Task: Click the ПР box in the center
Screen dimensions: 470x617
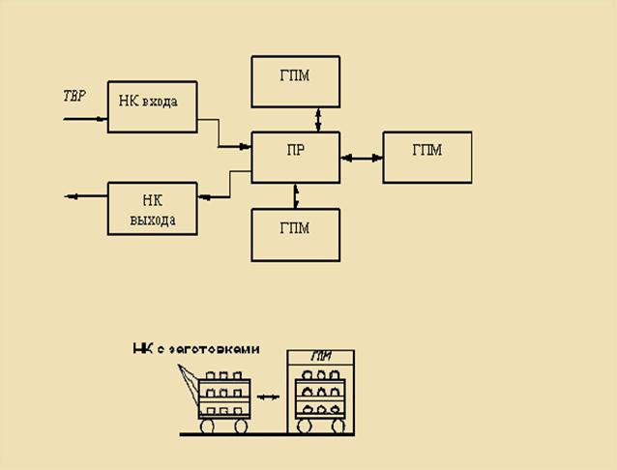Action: point(296,157)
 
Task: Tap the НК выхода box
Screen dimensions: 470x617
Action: point(152,209)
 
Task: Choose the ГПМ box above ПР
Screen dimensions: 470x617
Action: point(295,81)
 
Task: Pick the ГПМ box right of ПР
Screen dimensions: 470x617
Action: point(426,157)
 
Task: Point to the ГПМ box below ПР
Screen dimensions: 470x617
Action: point(295,234)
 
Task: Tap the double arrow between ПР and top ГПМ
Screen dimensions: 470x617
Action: point(318,119)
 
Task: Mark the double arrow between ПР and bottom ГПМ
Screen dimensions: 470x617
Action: point(296,196)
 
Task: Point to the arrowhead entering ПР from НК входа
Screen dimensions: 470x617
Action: point(246,146)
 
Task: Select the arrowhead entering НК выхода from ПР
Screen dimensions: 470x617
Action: point(203,196)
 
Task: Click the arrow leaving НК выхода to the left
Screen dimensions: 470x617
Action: point(85,196)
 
